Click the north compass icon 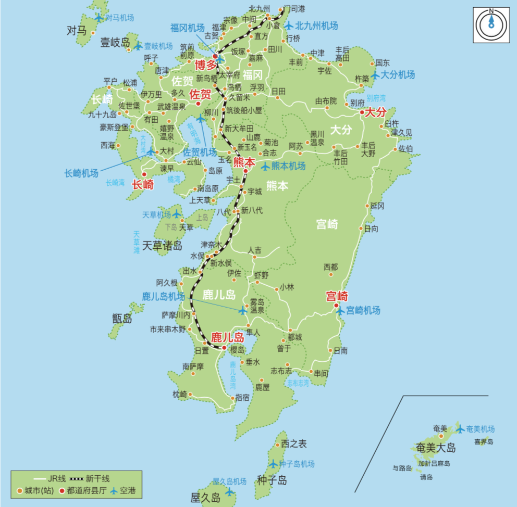click(x=490, y=24)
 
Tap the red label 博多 click(x=205, y=65)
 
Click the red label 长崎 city click(x=142, y=184)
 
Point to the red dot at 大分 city click(x=362, y=111)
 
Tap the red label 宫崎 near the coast click(x=337, y=296)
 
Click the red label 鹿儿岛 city click(x=227, y=337)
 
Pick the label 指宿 click(x=242, y=397)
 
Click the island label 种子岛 click(x=272, y=480)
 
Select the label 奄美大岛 click(x=436, y=448)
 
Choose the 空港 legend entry click(x=128, y=490)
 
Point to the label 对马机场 click(x=119, y=18)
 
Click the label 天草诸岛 click(x=163, y=245)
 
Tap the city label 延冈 click(x=377, y=206)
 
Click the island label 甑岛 click(x=122, y=318)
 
